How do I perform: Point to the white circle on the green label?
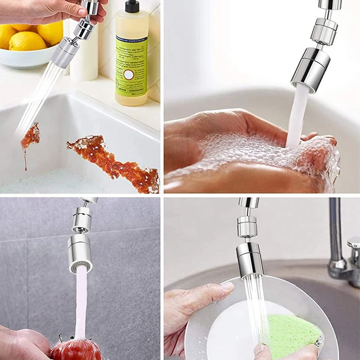click(129, 74)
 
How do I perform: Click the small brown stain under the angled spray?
click(31, 136)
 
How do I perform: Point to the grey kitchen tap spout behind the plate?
click(335, 234)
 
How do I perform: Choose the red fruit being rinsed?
click(76, 349)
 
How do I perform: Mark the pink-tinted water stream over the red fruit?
click(81, 301)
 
